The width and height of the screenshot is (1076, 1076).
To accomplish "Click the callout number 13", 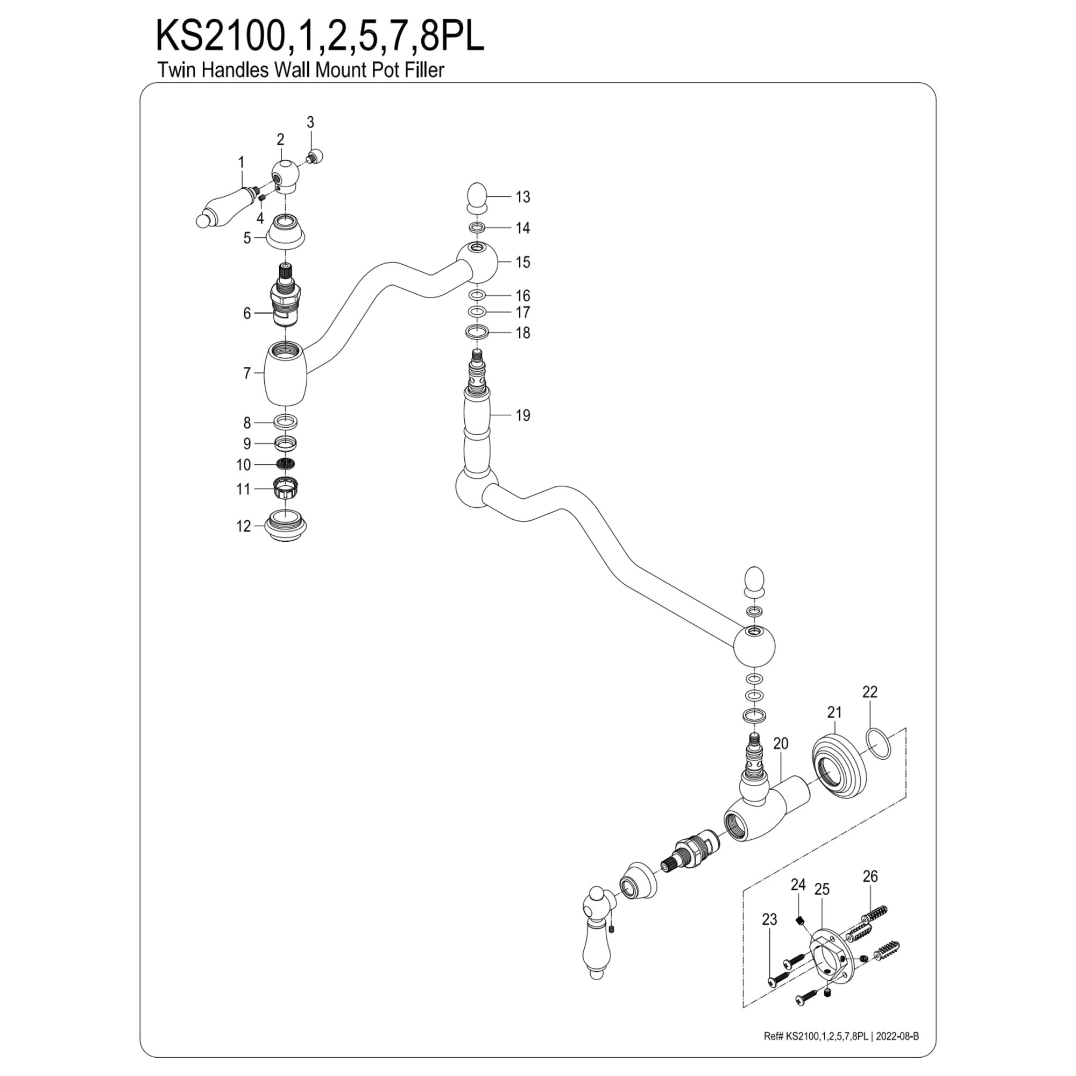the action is [x=522, y=196].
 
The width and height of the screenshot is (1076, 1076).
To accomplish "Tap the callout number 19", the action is [x=522, y=415].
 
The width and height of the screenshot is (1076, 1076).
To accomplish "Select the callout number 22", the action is [x=869, y=692].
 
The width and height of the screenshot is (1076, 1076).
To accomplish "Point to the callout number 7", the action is [x=247, y=373].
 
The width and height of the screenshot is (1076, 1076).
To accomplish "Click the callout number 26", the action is [x=870, y=876].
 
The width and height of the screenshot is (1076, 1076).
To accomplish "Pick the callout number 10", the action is [x=244, y=464].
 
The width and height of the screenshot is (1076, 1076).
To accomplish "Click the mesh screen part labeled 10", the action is [x=286, y=463].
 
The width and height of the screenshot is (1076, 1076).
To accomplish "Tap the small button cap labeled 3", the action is [x=317, y=155].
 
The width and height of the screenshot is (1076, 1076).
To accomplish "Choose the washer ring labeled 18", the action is [x=477, y=332].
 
